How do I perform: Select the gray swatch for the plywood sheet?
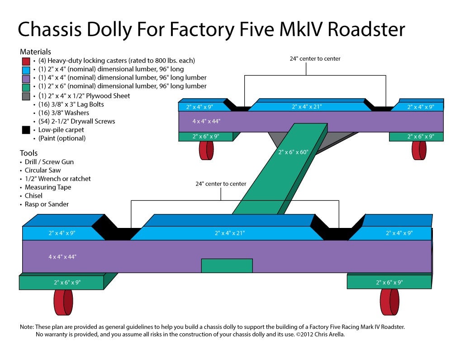pos(26,96)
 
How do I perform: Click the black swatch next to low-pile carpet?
pos(26,130)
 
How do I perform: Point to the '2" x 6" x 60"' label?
pos(293,152)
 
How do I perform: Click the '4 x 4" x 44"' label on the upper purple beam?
pos(207,121)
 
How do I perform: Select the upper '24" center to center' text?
pos(315,59)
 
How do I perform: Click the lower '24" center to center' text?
pos(221,184)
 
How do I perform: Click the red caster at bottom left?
pos(63,302)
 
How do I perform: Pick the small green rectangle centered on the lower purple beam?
pos(227,265)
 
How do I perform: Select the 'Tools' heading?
pos(28,153)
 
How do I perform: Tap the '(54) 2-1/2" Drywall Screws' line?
pos(76,121)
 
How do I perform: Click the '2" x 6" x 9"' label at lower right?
pos(389,282)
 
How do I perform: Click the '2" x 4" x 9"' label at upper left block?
pos(199,107)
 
